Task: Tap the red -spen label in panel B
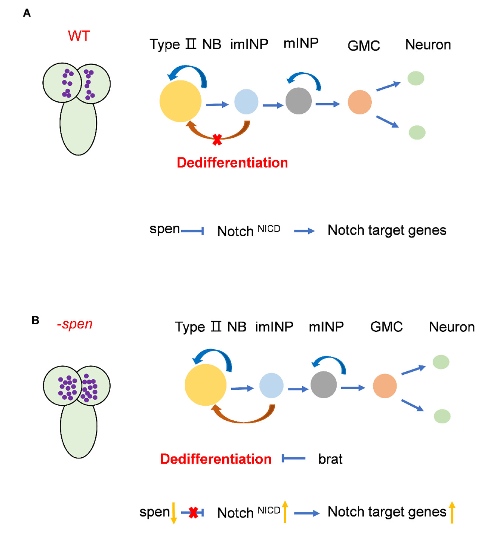[x=75, y=324]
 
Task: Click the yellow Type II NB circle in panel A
[x=180, y=101]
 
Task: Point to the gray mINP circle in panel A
[x=298, y=101]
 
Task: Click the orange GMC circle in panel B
[x=384, y=386]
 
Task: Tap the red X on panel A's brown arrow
[x=217, y=139]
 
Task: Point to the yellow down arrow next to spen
[x=174, y=513]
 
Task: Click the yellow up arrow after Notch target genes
[x=452, y=512]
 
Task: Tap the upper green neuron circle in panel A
[x=416, y=78]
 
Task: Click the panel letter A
[x=27, y=13]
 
